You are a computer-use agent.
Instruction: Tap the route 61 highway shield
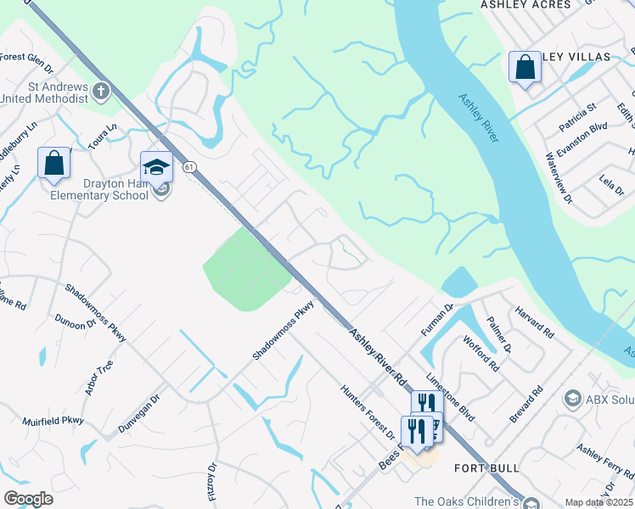tap(191, 167)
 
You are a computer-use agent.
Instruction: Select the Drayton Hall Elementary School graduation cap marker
tap(156, 167)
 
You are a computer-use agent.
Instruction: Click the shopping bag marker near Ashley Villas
tap(525, 67)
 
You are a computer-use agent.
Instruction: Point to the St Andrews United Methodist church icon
tap(101, 90)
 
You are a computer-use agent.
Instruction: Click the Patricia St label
tap(578, 118)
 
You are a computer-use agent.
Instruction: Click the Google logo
tap(29, 499)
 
